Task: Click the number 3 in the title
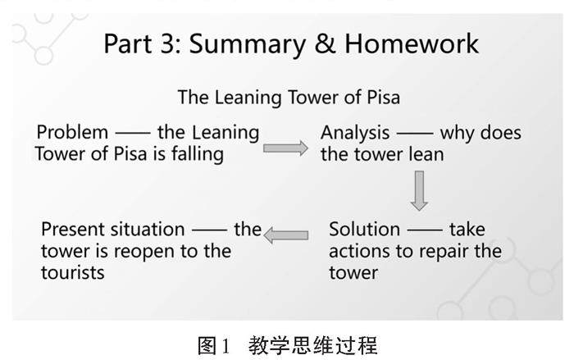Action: click(166, 43)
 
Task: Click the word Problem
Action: click(72, 132)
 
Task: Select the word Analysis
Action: click(354, 133)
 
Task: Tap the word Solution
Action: click(365, 229)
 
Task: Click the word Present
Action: click(72, 229)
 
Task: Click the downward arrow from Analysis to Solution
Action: click(419, 190)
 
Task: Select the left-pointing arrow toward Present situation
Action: click(286, 235)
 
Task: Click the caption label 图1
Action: click(217, 344)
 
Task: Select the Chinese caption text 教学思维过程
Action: click(313, 344)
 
